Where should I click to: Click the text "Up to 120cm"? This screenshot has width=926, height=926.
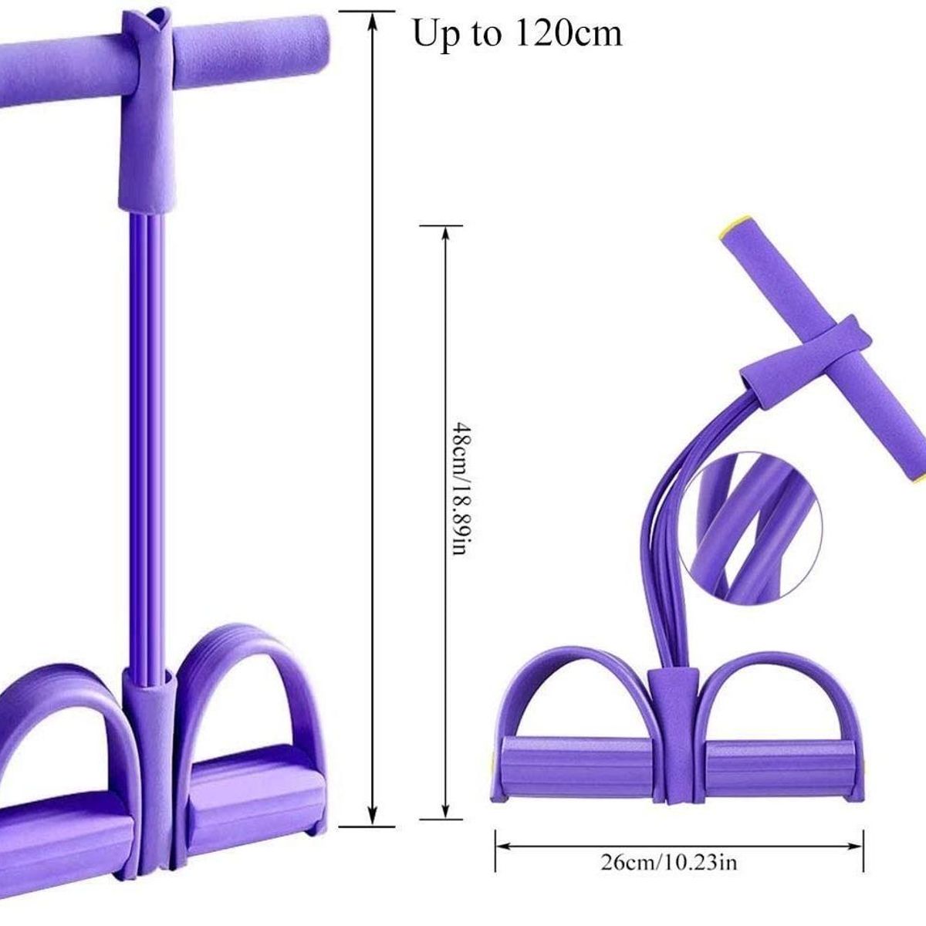click(x=517, y=34)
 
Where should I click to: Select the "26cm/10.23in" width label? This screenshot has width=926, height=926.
click(x=668, y=849)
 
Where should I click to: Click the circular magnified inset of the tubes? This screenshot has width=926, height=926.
click(x=752, y=534)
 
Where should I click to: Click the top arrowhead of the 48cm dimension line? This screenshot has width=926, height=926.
click(x=445, y=235)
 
